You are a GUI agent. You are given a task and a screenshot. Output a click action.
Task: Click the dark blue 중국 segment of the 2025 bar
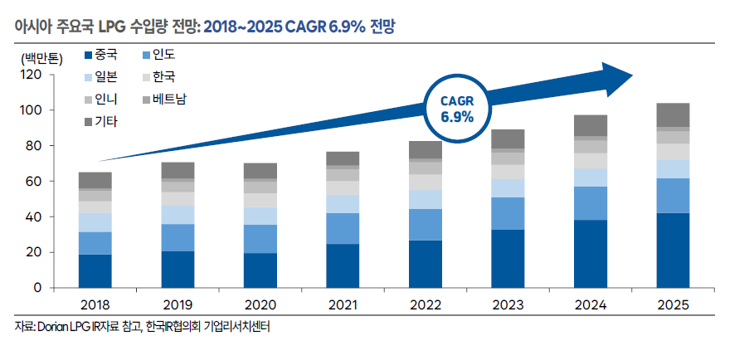673,250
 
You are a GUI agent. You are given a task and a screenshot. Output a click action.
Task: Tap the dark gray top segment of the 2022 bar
425,149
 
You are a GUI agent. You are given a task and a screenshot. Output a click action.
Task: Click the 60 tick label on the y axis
33,182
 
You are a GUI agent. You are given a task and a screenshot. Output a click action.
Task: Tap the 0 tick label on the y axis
37,288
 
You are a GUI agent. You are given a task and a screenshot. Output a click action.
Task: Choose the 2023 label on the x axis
507,304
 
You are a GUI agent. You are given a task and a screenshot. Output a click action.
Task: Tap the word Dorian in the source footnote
54,327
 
